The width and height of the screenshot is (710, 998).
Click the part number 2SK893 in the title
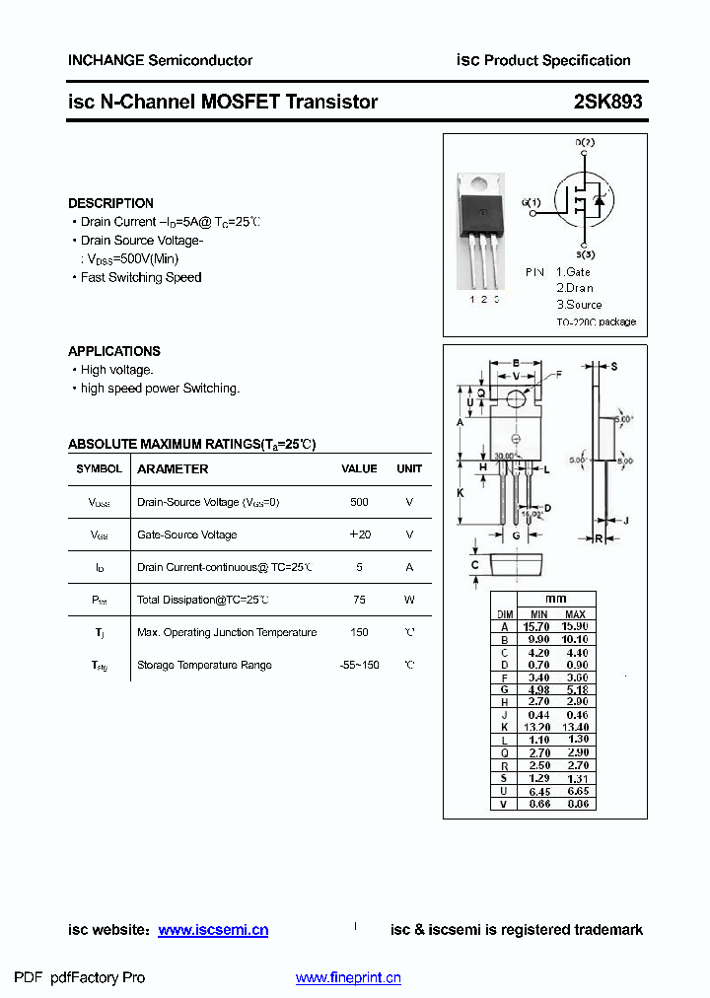(x=607, y=102)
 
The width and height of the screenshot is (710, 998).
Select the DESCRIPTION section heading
(x=110, y=203)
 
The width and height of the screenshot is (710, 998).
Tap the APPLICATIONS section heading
(x=114, y=351)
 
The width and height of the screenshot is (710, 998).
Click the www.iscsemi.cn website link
(x=213, y=930)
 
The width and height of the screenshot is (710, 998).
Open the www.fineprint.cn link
(x=348, y=978)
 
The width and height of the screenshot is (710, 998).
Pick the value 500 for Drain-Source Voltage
(x=359, y=502)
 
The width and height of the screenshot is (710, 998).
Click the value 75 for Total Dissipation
(x=359, y=600)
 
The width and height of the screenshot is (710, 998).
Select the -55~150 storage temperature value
(x=359, y=666)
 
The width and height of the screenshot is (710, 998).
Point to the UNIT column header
(x=409, y=469)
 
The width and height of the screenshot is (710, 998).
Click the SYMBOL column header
(x=99, y=469)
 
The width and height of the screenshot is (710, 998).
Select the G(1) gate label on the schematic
(x=532, y=203)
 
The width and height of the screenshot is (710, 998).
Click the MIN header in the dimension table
(x=538, y=613)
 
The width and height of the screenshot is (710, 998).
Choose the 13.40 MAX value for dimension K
(x=576, y=727)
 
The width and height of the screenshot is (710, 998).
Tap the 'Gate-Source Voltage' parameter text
(x=187, y=535)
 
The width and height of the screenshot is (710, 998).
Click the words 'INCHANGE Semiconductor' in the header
(x=160, y=60)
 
